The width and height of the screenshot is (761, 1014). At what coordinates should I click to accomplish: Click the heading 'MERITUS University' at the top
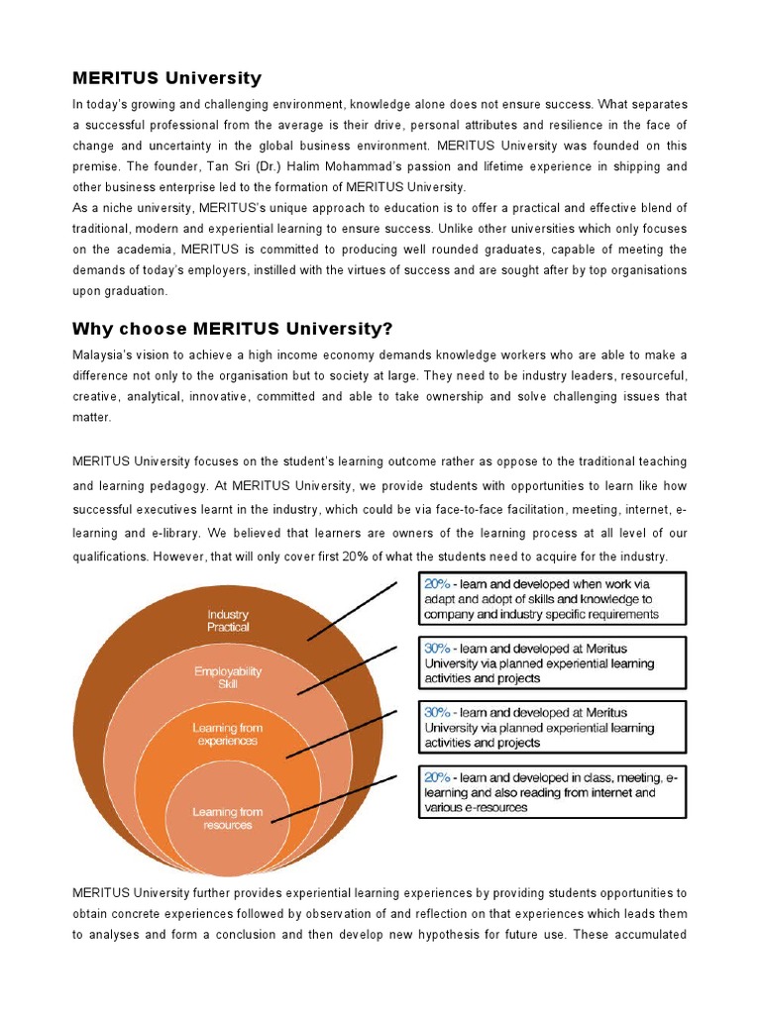coord(166,77)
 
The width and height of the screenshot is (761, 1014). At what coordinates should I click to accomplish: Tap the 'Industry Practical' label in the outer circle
coord(228,621)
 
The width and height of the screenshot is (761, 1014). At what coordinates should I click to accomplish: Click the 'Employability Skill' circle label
coord(228,677)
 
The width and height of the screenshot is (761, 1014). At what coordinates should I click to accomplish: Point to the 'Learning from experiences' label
coord(228,734)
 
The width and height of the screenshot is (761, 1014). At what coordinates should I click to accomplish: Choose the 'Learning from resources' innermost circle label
coord(228,819)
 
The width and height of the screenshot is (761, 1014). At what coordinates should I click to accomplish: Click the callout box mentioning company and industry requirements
coord(549,599)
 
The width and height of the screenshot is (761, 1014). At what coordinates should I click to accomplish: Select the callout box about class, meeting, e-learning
coord(549,792)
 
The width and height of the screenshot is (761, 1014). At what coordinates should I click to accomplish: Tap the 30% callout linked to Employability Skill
coord(549,663)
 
